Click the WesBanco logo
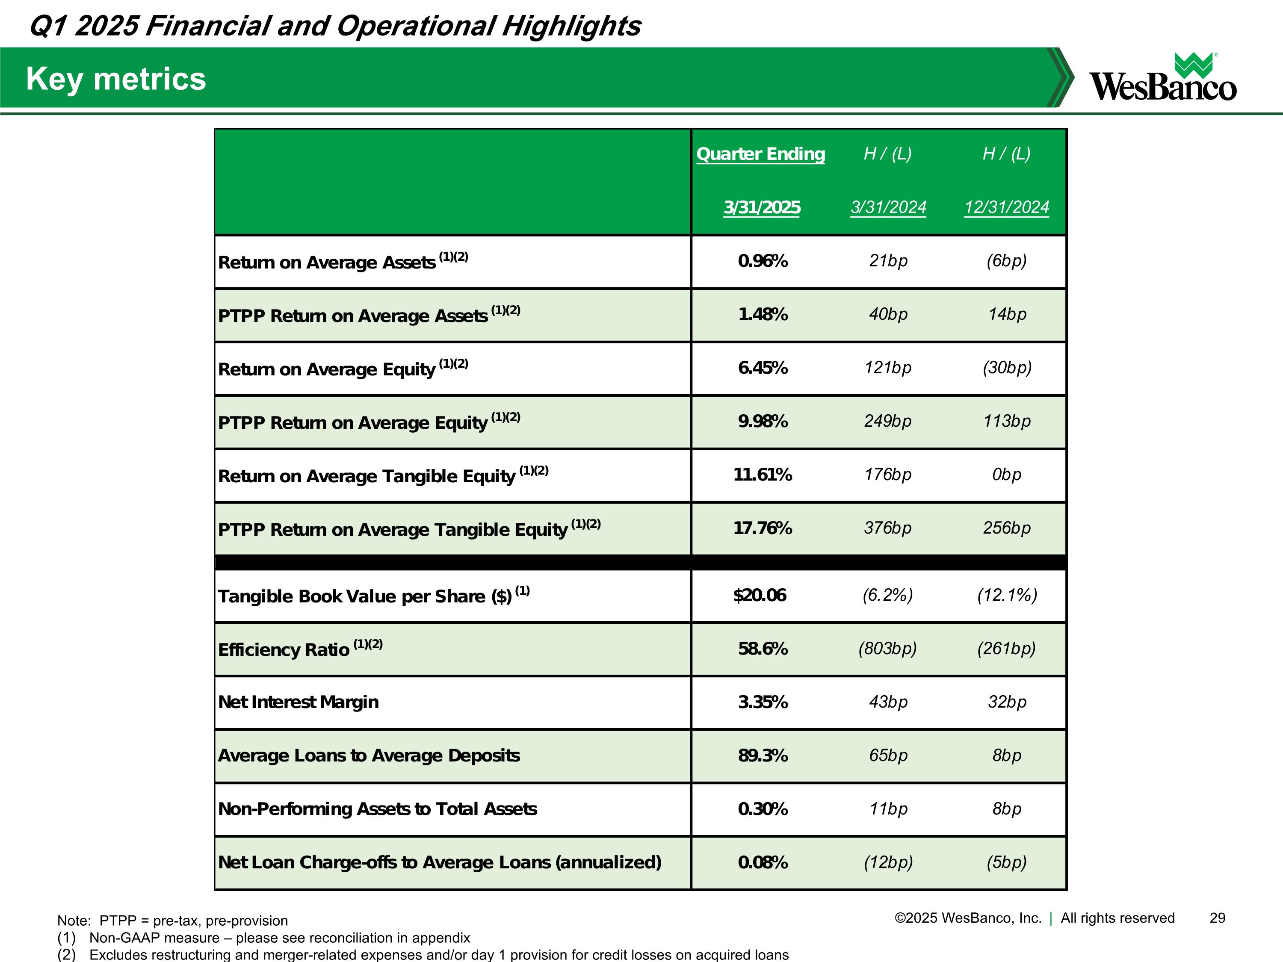coord(1162,78)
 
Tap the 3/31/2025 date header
coord(762,207)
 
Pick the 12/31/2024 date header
coord(1006,207)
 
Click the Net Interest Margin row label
coord(298,702)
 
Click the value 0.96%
coord(762,261)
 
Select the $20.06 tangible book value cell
coord(760,595)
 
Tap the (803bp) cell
coord(887,648)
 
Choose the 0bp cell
coord(1006,474)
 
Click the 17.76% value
coord(762,528)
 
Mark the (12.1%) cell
coord(1007,595)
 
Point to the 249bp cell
coord(887,421)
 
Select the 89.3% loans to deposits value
coord(762,755)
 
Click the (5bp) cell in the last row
coord(1006,862)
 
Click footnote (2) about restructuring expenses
coord(423,954)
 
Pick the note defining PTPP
coord(172,921)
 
